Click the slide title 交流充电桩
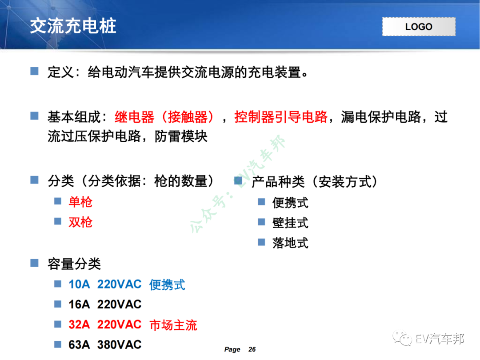coord(73,26)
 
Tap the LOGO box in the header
coord(419,27)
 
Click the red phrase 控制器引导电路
coord(281,117)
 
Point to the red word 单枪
coord(80,202)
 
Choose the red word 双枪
coord(80,222)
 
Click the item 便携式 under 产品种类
coord(290,203)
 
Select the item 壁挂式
coord(290,223)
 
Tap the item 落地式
coord(290,243)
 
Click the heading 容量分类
coord(74,264)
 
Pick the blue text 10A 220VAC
coord(105,284)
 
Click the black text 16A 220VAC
coord(105,304)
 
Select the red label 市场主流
coord(173,325)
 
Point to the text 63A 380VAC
coord(105,345)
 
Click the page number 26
coord(252,350)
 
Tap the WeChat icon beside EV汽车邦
coord(405,339)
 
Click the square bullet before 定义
coord(35,71)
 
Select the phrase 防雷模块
coord(181,136)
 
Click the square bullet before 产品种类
coord(238,180)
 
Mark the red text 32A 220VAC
coord(105,324)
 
